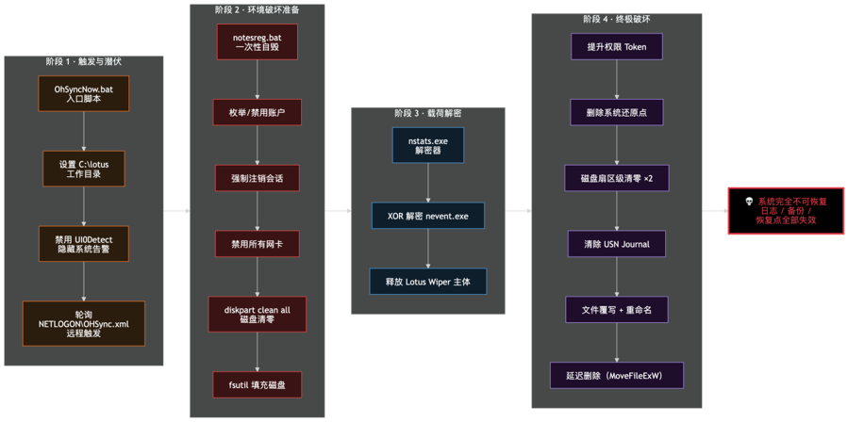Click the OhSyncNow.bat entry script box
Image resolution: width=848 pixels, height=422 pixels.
(x=84, y=93)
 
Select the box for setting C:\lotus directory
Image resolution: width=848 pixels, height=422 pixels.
(x=84, y=169)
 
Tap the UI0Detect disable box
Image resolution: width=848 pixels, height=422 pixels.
(x=84, y=244)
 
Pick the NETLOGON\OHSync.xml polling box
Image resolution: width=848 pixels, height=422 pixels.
(x=84, y=323)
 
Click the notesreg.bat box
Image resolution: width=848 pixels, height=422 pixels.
(x=257, y=41)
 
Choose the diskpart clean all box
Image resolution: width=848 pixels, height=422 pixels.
(x=257, y=314)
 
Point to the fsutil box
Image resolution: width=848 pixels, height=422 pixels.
(x=257, y=384)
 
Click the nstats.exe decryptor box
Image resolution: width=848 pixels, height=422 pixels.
(x=428, y=145)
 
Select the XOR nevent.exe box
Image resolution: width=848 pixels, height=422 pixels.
(x=428, y=216)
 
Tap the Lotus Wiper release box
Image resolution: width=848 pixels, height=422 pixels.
(x=428, y=281)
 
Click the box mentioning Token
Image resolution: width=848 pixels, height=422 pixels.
(x=617, y=46)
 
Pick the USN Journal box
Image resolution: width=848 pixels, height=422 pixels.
(x=617, y=244)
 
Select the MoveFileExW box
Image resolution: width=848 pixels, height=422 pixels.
(x=617, y=375)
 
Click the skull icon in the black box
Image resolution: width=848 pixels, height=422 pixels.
(x=749, y=202)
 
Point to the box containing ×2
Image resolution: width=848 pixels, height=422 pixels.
(x=617, y=178)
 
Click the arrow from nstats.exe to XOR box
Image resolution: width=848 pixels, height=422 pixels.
(x=428, y=183)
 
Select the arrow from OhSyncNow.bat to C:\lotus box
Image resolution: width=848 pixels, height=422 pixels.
(x=84, y=131)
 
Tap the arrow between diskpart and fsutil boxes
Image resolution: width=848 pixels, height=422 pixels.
(x=257, y=351)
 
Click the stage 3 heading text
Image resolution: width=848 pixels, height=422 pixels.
(x=428, y=113)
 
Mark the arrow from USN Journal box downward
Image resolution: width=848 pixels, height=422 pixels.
(x=617, y=276)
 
